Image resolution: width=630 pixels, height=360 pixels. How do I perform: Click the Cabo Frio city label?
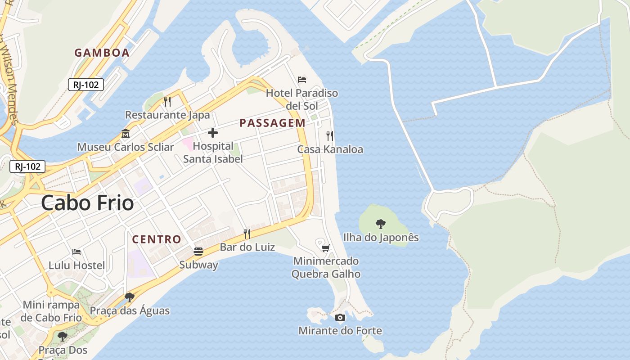pos(87,203)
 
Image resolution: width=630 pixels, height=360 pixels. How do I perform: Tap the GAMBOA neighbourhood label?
pos(102,53)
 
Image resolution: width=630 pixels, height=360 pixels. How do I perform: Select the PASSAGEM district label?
pos(272,123)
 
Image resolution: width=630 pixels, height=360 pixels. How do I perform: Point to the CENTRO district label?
pos(157,239)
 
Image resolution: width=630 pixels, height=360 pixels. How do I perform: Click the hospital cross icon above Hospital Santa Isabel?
pos(213,133)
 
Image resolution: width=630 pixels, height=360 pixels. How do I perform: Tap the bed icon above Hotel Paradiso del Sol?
pos(302,80)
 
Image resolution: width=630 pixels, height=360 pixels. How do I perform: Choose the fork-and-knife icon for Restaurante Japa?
pos(167,101)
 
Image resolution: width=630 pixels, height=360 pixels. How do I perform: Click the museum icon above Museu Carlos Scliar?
pos(125,134)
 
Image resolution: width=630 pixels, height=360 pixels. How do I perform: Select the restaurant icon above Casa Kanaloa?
pos(330,135)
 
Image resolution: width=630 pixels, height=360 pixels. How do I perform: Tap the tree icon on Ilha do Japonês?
pos(381,224)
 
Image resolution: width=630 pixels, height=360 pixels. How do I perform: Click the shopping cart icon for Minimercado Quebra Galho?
pos(326,248)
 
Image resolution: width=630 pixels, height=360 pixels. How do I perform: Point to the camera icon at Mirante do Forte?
pos(340,317)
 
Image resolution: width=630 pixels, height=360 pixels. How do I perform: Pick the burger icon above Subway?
pos(198,251)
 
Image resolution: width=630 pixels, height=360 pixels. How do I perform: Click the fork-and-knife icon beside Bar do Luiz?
pos(247,234)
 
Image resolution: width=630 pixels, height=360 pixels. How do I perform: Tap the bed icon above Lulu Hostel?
pos(76,252)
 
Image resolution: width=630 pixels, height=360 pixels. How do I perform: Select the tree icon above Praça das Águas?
pos(130,297)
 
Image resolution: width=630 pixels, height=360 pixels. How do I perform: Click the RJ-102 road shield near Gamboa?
pos(86,84)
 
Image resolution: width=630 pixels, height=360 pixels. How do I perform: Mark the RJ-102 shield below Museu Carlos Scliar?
pos(28,166)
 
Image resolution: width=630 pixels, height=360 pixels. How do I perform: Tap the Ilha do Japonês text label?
pos(381,237)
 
